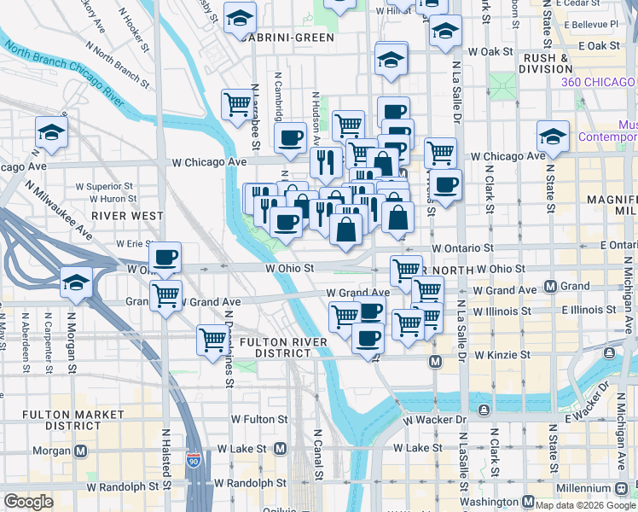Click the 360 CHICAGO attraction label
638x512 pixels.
point(599,82)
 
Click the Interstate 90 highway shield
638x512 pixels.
point(195,461)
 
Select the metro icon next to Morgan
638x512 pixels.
point(82,450)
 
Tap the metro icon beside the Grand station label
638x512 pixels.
point(551,286)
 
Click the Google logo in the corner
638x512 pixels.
point(28,501)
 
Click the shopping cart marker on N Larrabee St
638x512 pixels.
point(236,106)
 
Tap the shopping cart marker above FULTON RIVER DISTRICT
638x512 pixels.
point(212,340)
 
